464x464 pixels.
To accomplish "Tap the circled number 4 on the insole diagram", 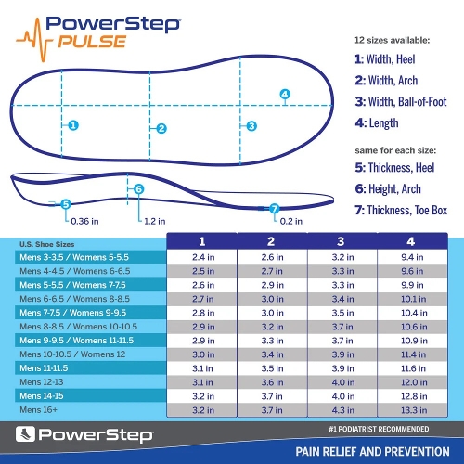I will tap(285, 94).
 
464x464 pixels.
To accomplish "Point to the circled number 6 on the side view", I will tap(139, 189).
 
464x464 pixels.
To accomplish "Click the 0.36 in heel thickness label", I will tap(84, 221).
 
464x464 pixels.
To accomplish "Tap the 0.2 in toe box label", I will tap(291, 221).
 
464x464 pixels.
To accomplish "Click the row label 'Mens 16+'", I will tap(39, 409).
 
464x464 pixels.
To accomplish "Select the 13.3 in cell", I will tap(412, 409).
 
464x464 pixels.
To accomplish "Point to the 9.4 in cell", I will tap(412, 256).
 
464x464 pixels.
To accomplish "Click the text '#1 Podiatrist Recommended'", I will tap(381, 430).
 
